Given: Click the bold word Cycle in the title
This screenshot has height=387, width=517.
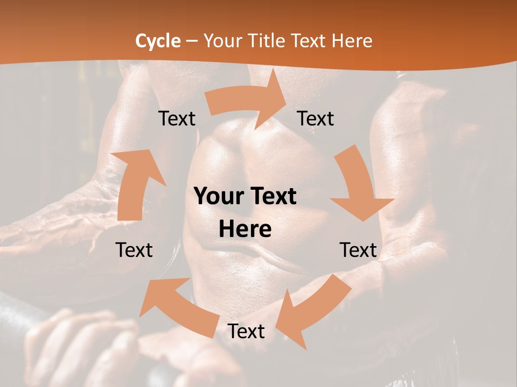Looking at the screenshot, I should (158, 41).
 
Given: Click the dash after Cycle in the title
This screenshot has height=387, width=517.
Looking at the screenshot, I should (191, 41).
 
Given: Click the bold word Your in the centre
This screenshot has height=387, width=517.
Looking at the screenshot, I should (218, 196).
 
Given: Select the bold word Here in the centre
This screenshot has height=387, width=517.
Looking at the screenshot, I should (245, 230).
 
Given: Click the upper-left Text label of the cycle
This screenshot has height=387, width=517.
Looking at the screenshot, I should (177, 119).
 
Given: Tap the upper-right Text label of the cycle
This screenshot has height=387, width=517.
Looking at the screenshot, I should (316, 119).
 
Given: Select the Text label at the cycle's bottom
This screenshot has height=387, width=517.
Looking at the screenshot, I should (246, 332).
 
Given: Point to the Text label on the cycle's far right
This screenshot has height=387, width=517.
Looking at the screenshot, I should (358, 250).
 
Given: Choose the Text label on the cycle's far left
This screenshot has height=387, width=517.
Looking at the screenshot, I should (134, 250).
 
